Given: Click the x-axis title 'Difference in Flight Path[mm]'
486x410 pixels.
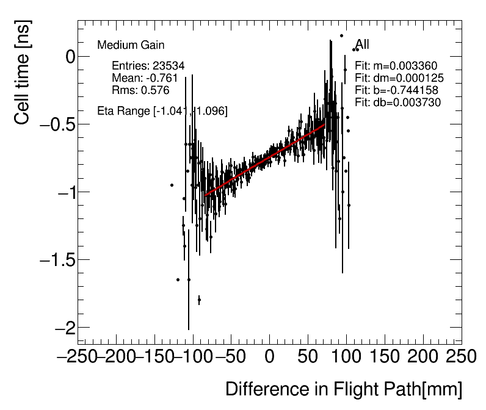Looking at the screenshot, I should point(344,389).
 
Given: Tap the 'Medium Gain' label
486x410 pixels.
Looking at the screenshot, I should point(131,45).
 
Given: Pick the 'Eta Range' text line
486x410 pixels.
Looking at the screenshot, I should point(162,111).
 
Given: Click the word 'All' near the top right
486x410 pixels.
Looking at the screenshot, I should point(363,45).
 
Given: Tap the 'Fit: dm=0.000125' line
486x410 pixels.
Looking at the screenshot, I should point(399,78).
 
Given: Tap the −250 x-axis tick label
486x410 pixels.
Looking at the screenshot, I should point(78,356).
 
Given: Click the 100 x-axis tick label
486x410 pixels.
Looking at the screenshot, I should point(346,356).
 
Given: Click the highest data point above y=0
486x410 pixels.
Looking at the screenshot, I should point(342,35).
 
